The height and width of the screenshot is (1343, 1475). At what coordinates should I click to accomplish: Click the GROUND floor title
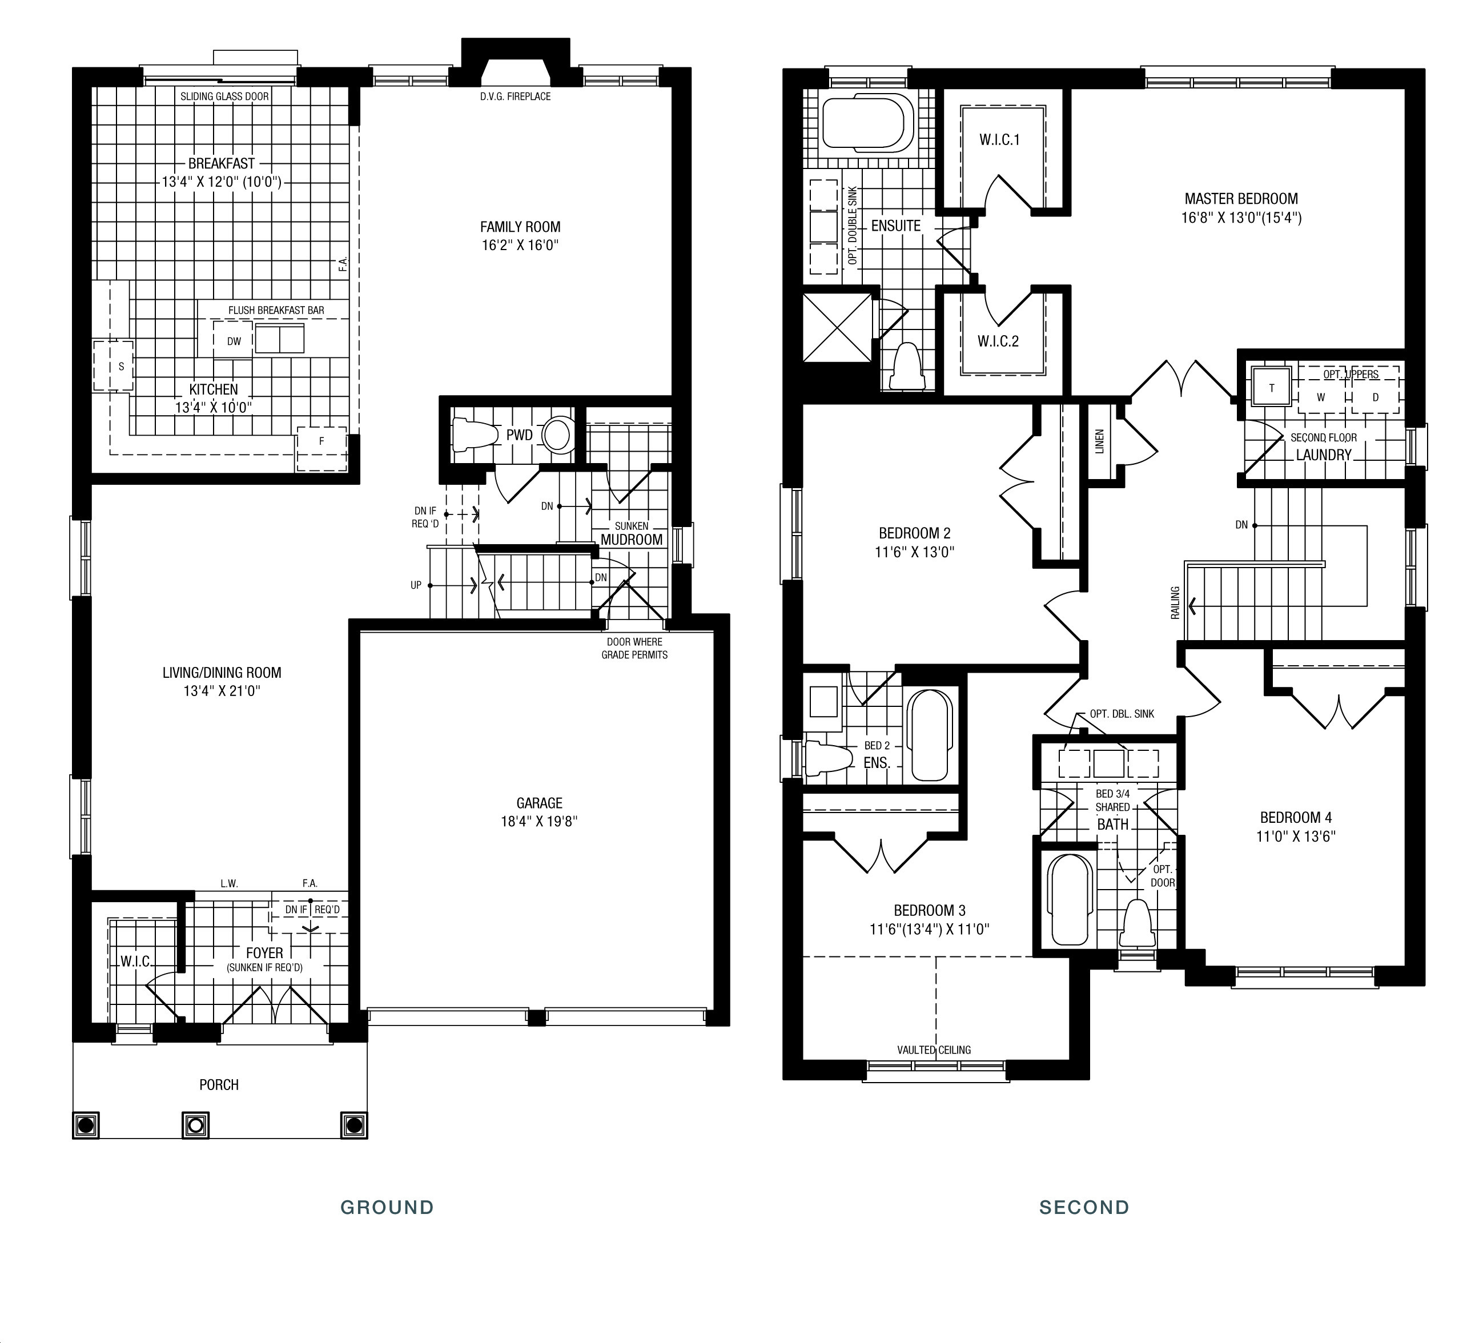(387, 1207)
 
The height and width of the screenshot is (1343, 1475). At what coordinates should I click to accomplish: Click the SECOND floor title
(1084, 1207)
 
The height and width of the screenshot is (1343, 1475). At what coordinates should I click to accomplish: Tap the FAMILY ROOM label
(520, 227)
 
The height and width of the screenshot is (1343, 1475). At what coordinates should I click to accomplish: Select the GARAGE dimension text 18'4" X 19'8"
(539, 822)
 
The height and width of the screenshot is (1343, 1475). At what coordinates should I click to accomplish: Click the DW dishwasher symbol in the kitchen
(234, 341)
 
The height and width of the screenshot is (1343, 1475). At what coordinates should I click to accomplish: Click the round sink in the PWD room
(557, 435)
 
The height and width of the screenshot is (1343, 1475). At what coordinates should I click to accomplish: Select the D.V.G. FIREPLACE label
(515, 96)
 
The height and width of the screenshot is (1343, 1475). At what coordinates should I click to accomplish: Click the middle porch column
(195, 1124)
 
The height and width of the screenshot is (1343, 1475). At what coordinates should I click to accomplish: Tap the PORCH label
(219, 1084)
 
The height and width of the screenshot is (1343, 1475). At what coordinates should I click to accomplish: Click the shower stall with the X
(838, 327)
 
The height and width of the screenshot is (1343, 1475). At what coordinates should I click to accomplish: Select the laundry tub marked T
(1271, 387)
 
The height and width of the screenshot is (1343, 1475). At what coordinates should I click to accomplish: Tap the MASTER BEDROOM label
(1241, 198)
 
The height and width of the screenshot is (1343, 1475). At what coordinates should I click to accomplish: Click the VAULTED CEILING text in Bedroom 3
(934, 1050)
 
